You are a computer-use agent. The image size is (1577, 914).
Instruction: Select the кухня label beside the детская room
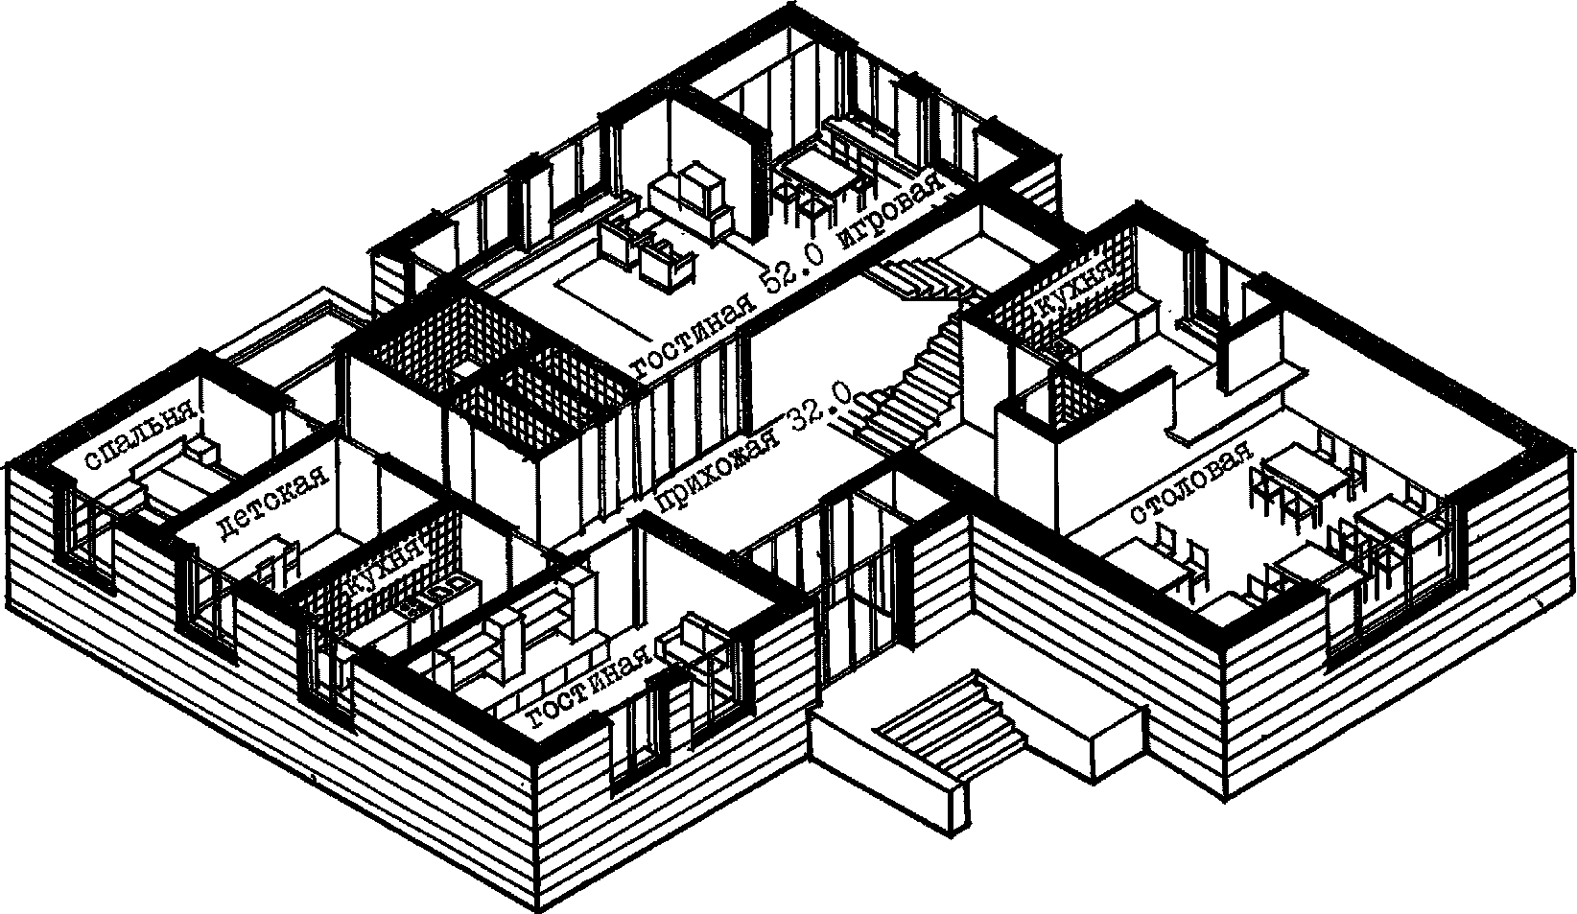[386, 572]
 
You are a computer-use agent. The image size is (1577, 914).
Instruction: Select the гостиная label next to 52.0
[689, 338]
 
